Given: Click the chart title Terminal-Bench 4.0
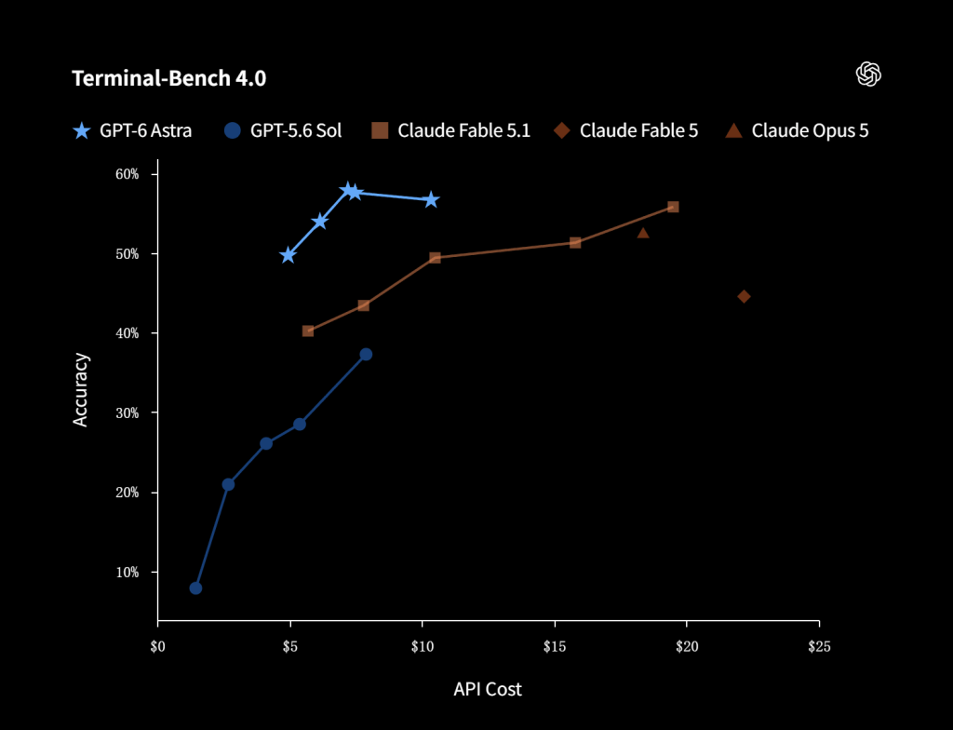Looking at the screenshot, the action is click(169, 78).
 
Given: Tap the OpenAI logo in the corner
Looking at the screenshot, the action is click(868, 74).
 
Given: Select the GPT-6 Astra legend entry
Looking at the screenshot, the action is click(132, 130).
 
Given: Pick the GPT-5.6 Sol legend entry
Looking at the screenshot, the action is click(283, 130).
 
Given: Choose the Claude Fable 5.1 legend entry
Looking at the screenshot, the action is click(450, 130).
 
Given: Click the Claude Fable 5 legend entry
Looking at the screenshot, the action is click(626, 130).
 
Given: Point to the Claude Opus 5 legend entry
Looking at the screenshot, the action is click(798, 130).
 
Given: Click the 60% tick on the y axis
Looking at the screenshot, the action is click(128, 175).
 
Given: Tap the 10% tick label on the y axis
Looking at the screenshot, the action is click(128, 573).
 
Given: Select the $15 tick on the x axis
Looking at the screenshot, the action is click(555, 646).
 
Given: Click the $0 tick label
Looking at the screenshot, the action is click(157, 646).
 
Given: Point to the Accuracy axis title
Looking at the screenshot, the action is click(81, 390).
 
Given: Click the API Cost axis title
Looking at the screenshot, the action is click(488, 689).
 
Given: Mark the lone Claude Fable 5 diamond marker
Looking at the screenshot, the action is click(744, 297).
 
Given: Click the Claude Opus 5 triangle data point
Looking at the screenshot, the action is click(643, 233).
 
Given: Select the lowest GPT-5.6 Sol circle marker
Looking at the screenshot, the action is click(195, 588).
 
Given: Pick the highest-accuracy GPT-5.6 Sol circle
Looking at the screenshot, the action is click(366, 355).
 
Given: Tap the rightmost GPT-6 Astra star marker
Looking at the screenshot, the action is click(431, 200).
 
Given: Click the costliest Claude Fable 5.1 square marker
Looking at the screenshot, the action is click(673, 208).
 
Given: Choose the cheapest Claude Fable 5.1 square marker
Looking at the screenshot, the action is click(308, 331).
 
